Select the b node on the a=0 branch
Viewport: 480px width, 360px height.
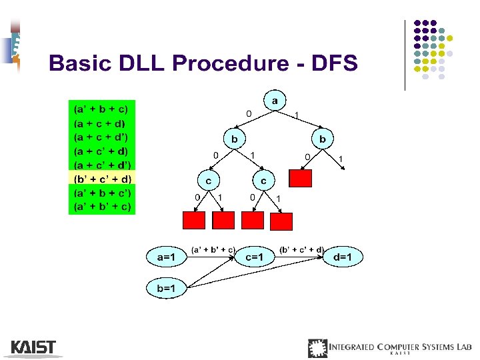click(233, 139)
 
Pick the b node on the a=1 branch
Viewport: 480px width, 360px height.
click(323, 139)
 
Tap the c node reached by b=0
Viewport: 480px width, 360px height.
click(209, 179)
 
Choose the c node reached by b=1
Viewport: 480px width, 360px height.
click(264, 179)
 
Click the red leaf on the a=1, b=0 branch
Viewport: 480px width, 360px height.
click(301, 178)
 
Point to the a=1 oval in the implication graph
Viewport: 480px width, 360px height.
click(167, 256)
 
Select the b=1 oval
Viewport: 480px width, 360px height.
click(167, 288)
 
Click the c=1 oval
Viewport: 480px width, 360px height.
click(255, 256)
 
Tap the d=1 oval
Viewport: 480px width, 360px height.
click(343, 256)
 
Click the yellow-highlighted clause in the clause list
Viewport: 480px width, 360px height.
click(102, 179)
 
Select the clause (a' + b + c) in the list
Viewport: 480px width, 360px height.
click(102, 108)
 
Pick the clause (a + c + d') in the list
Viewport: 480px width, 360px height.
click(102, 137)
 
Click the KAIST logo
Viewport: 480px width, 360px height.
click(33, 347)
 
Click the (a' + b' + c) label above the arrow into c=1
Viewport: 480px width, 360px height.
click(213, 249)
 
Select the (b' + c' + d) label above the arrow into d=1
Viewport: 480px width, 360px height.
click(301, 249)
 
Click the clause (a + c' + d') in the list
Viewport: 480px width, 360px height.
click(102, 165)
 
